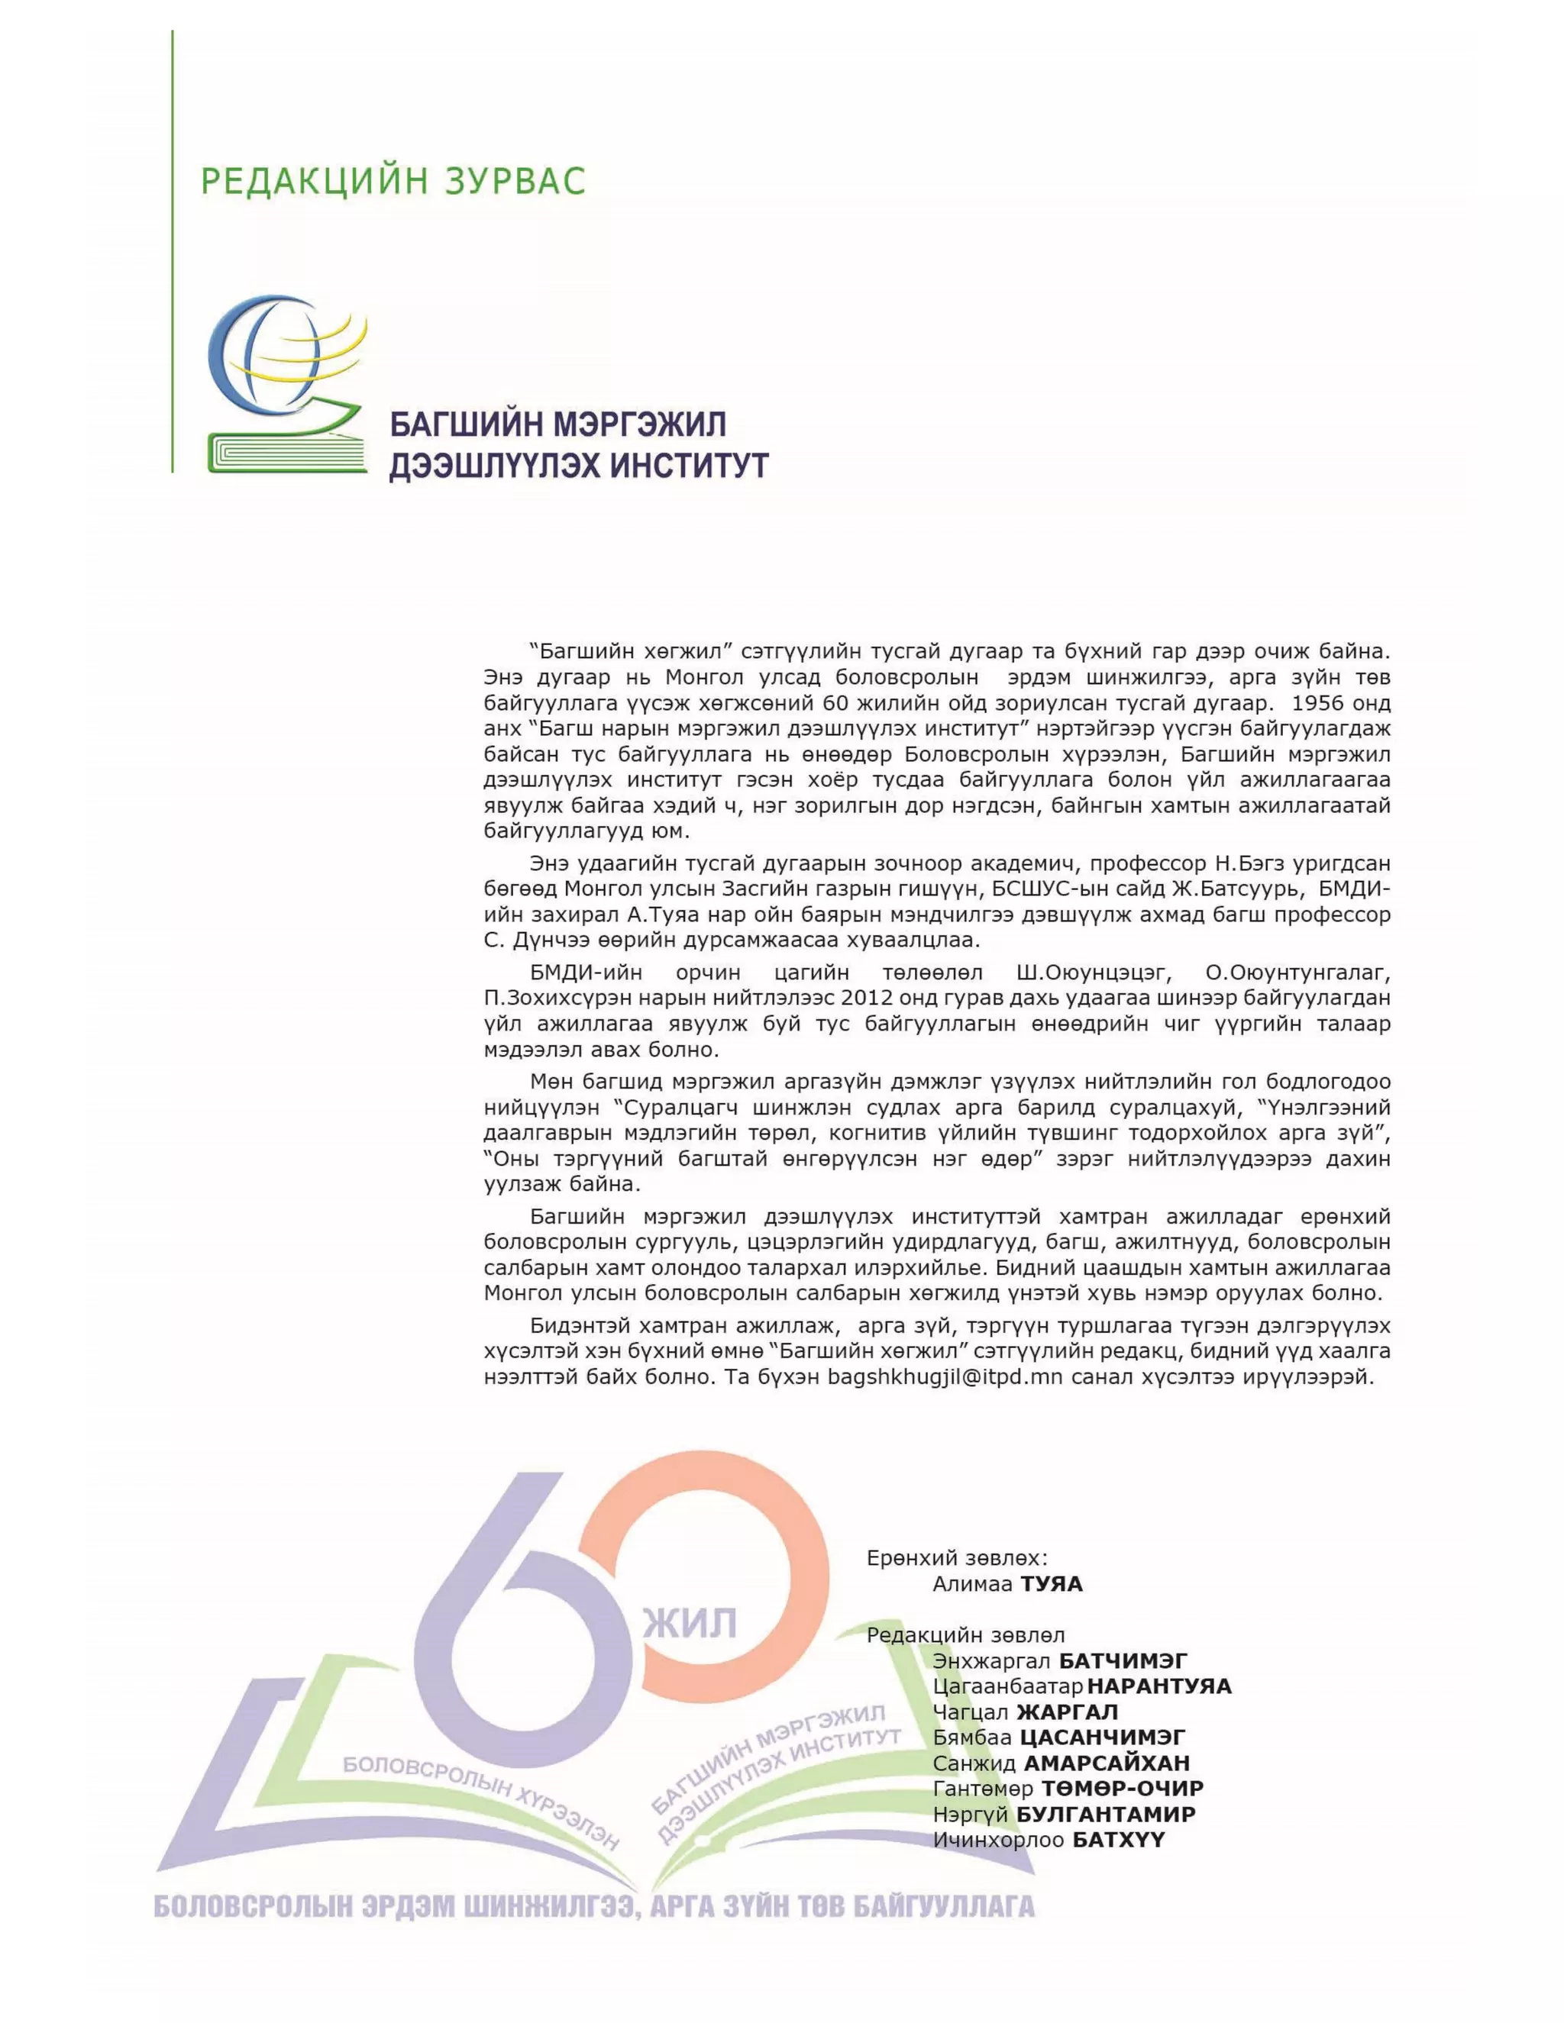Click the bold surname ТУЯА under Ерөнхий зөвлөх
(1051, 1584)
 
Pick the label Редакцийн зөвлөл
(965, 1636)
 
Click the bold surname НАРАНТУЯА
(1159, 1686)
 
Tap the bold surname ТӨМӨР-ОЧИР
(1122, 1788)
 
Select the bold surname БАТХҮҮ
(1117, 1840)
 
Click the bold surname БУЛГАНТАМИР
(1105, 1814)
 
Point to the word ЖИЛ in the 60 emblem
(690, 1624)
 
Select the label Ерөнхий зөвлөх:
(957, 1558)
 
